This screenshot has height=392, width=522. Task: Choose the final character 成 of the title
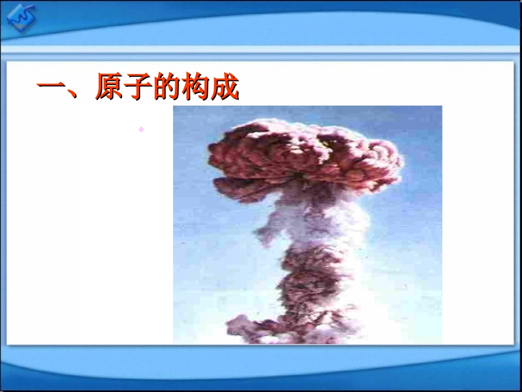click(x=225, y=87)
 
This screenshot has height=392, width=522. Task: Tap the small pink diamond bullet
click(x=141, y=129)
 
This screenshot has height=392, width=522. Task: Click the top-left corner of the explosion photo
click(x=174, y=107)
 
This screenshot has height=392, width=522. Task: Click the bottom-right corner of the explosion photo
click(x=441, y=343)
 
